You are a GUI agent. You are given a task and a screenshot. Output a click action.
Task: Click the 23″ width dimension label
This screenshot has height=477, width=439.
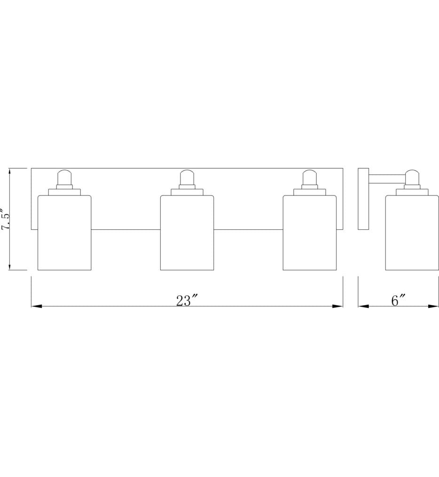pyautogui.click(x=187, y=301)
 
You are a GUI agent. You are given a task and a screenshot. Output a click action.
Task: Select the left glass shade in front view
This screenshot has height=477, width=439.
pyautogui.click(x=64, y=233)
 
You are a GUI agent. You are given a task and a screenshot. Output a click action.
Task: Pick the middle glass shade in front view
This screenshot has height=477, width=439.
pyautogui.click(x=187, y=233)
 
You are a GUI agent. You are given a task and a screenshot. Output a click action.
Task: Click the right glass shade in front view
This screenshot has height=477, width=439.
pyautogui.click(x=310, y=233)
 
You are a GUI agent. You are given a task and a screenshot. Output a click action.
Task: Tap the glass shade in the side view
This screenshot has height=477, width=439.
pyautogui.click(x=412, y=233)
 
